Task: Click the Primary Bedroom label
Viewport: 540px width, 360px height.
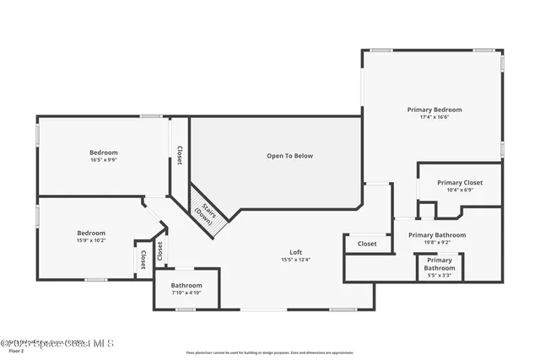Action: click(x=435, y=110)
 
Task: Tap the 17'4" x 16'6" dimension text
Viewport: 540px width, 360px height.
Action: click(x=435, y=117)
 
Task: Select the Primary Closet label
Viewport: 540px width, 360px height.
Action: click(x=460, y=182)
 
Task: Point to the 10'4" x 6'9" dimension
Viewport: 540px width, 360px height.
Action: click(x=460, y=190)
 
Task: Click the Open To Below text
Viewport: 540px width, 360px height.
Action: click(x=289, y=156)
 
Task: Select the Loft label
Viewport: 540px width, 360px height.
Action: click(x=296, y=252)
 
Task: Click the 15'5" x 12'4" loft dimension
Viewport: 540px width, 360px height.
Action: click(x=296, y=260)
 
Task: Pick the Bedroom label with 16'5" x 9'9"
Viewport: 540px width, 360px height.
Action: click(x=104, y=153)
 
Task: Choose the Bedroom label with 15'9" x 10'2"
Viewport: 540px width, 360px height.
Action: click(x=91, y=233)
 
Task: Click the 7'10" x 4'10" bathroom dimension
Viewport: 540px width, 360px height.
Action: click(x=186, y=293)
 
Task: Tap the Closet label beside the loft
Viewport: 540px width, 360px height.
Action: click(x=367, y=244)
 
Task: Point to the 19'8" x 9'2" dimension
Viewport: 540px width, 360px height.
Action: click(x=437, y=242)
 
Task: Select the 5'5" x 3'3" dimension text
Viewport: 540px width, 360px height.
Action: click(x=440, y=275)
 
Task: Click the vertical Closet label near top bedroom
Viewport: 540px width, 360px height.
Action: click(x=179, y=155)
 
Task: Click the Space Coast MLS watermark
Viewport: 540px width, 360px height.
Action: click(x=57, y=343)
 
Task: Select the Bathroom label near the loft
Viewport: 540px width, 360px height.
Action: click(x=186, y=285)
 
